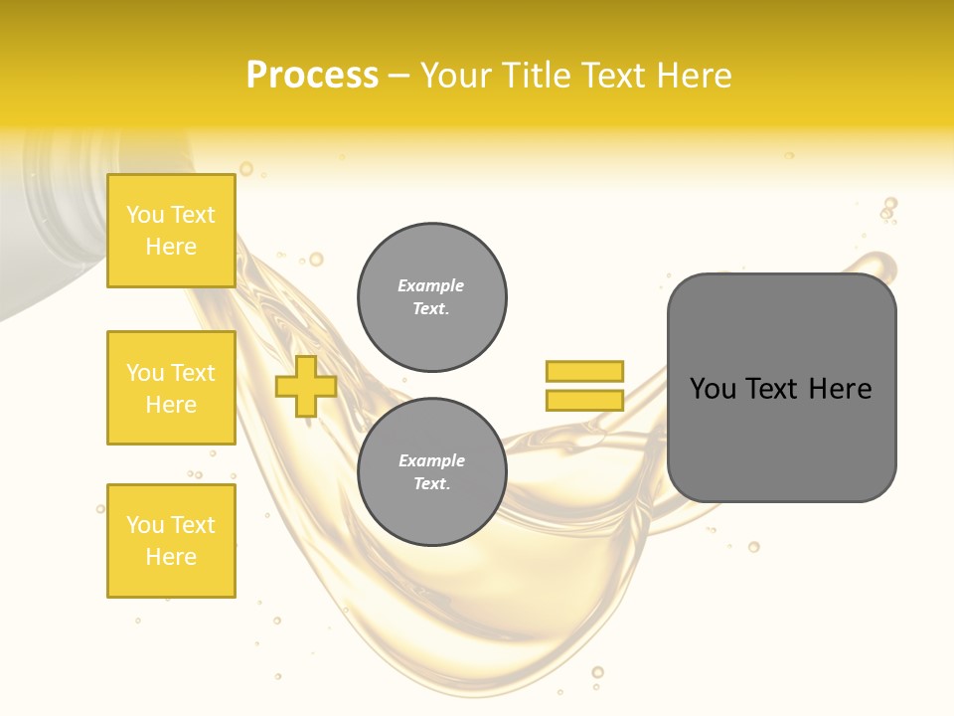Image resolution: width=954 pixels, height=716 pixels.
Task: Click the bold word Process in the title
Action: [312, 76]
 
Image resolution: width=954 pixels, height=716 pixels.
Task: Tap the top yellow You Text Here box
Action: [171, 231]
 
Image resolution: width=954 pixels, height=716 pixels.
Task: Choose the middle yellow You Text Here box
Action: [171, 388]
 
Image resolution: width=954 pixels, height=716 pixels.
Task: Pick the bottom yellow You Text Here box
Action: [171, 541]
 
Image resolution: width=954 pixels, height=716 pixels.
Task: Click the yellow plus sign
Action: [306, 387]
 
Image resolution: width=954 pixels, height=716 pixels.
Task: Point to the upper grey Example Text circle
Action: [431, 297]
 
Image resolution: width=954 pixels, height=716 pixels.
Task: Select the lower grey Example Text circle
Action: [431, 472]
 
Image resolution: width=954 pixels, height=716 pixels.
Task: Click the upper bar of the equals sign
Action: [584, 372]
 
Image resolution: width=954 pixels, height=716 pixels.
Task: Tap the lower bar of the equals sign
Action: [584, 401]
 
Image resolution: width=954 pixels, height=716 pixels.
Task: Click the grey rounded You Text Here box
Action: [781, 388]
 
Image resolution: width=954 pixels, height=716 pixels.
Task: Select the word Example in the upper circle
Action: [431, 285]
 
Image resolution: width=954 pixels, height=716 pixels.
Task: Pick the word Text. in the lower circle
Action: [431, 484]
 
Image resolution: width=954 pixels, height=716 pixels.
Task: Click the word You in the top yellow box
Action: [145, 215]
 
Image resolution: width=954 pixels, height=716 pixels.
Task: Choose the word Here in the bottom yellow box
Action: [171, 557]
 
